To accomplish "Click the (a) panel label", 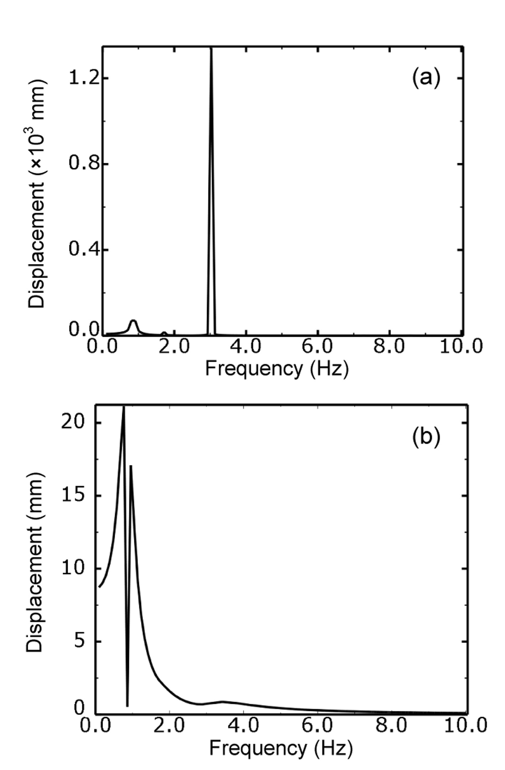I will point(426,77).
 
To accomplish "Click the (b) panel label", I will point(426,436).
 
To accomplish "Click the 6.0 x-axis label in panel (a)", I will point(318,346).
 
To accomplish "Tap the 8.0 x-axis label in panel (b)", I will point(391,725).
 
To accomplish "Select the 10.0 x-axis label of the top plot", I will point(461,346).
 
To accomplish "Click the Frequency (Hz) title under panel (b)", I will point(280,747).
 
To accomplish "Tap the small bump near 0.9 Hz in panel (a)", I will point(133,322).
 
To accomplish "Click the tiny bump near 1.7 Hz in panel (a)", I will point(164,334).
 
